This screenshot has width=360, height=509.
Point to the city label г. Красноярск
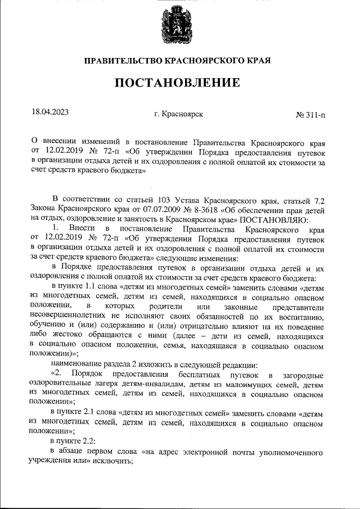178,114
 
